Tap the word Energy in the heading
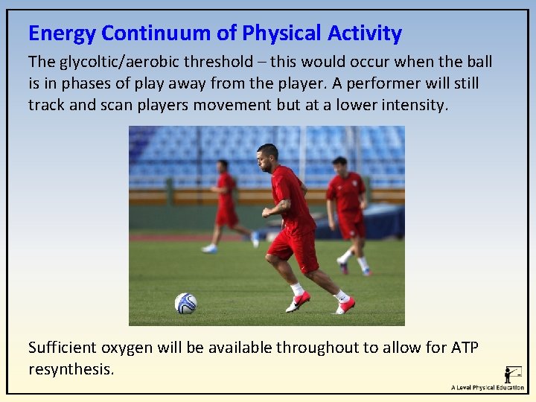62,33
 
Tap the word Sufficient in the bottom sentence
63,348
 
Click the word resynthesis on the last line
71,368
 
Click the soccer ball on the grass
185,303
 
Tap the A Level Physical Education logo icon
513,374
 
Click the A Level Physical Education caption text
487,388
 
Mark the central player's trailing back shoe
345,304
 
